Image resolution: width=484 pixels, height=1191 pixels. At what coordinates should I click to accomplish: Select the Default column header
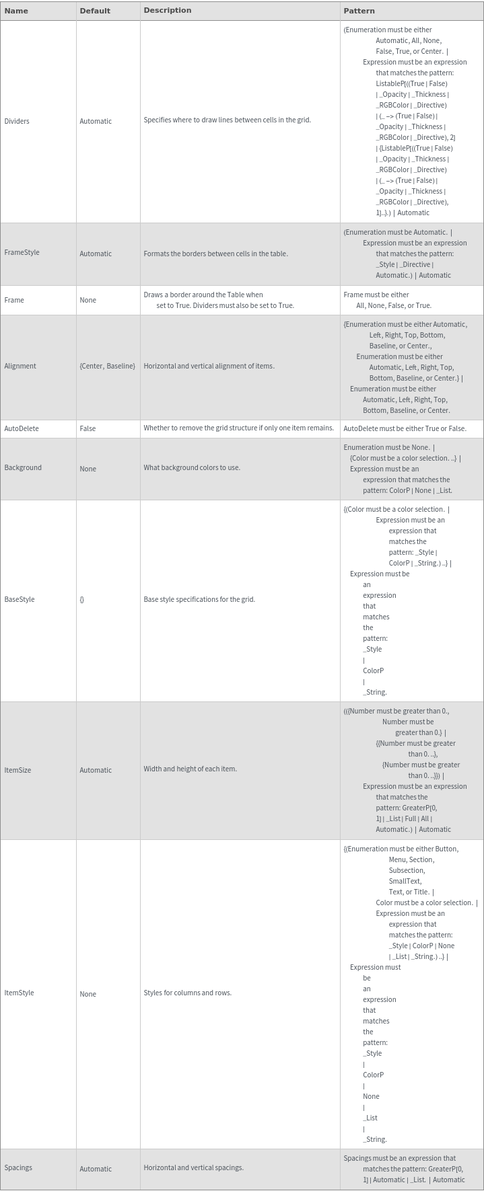[x=95, y=11]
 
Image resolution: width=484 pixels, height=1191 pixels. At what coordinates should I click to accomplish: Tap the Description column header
[x=168, y=11]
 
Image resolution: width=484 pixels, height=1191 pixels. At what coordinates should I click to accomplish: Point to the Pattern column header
[x=359, y=11]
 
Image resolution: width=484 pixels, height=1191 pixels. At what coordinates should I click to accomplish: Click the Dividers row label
[x=17, y=121]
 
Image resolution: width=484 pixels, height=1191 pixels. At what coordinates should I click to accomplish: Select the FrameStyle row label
[x=22, y=253]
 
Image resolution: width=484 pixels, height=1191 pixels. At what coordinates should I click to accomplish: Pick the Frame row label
[x=14, y=300]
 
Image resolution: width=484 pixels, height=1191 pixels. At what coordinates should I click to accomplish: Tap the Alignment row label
[x=20, y=366]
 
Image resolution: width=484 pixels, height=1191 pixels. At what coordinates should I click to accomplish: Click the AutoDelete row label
[x=22, y=428]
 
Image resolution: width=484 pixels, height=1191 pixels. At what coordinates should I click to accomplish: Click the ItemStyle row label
[x=19, y=993]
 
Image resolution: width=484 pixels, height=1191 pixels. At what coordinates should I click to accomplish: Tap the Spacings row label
[x=18, y=1167]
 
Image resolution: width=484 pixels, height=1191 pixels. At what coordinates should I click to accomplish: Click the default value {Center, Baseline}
[x=107, y=366]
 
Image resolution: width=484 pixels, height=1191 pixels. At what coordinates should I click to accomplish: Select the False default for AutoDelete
[x=88, y=428]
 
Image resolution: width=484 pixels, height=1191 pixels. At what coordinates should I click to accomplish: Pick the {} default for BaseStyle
[x=82, y=599]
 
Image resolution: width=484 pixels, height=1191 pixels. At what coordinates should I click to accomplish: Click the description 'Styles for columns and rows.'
[x=187, y=993]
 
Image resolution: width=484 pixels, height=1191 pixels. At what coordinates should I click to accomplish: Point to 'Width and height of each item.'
[x=190, y=769]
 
